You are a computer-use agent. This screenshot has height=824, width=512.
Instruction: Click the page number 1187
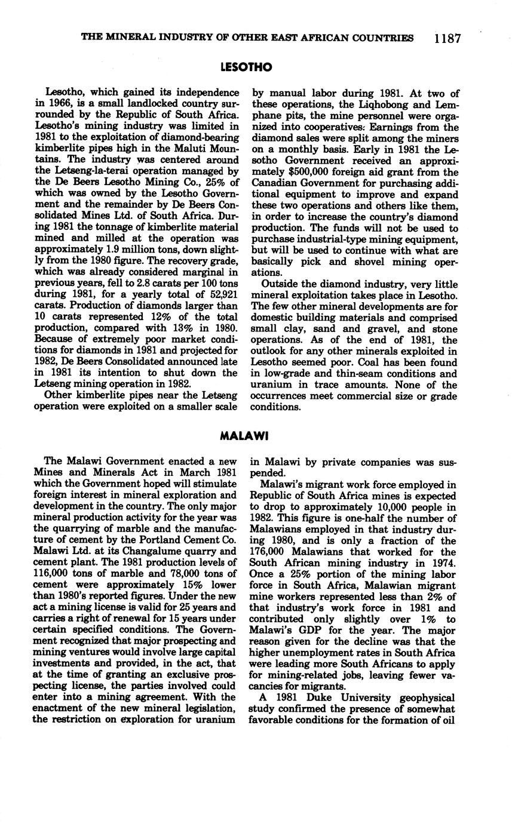[447, 39]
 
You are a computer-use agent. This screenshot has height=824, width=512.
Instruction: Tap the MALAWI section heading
[245, 435]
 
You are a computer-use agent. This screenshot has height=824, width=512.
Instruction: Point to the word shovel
[352, 262]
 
